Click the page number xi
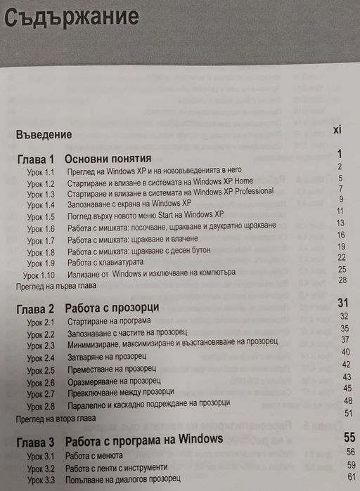(x=337, y=130)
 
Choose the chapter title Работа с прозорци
(x=111, y=308)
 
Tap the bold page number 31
(x=343, y=303)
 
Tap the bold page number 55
(x=349, y=437)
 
